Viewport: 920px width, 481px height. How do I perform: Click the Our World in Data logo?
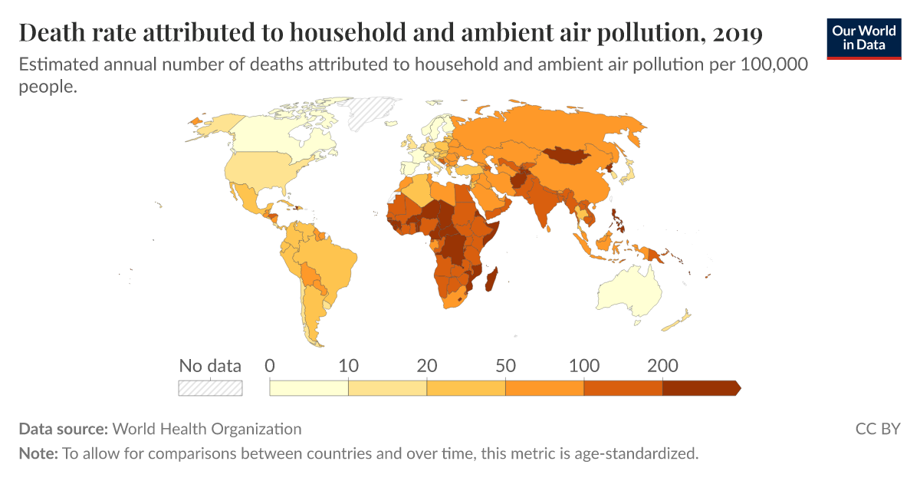point(864,37)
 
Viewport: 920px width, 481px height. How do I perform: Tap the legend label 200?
point(662,365)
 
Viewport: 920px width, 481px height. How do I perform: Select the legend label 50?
point(505,365)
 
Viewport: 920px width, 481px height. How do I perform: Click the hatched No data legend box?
point(210,388)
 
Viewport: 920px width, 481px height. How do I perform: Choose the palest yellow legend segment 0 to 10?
point(309,388)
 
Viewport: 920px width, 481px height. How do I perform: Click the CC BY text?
point(877,429)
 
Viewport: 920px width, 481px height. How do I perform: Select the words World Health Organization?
point(207,429)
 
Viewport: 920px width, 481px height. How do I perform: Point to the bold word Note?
point(37,453)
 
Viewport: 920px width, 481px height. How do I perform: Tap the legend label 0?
point(270,365)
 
